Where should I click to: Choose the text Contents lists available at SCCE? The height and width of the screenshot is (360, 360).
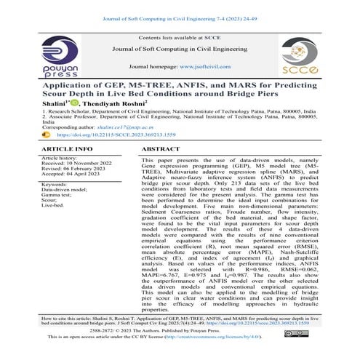click(x=180, y=36)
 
